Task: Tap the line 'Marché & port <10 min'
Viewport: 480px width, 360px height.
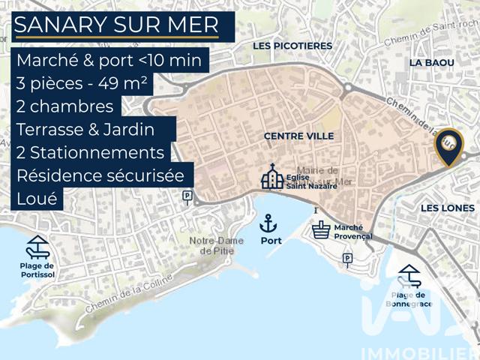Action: point(109,61)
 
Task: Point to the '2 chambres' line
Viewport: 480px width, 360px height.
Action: point(64,106)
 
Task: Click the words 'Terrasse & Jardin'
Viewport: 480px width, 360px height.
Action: point(85,129)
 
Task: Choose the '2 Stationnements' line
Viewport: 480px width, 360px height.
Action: point(90,152)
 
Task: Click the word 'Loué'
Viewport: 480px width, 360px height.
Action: point(35,199)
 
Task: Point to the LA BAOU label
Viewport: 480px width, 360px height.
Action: point(427,64)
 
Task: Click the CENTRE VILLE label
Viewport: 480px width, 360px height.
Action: point(298,136)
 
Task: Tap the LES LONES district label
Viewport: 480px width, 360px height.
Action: point(447,208)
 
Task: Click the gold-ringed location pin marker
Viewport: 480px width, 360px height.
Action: point(448,146)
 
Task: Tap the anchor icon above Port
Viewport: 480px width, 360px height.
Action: point(268,223)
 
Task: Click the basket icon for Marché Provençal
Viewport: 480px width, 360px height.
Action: point(322,229)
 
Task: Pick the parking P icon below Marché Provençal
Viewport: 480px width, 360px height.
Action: point(346,259)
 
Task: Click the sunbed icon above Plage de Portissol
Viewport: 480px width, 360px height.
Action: point(37,247)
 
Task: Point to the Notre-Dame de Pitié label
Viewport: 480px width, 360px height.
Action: point(217,245)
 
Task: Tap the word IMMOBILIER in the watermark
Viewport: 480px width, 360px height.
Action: point(419,352)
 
